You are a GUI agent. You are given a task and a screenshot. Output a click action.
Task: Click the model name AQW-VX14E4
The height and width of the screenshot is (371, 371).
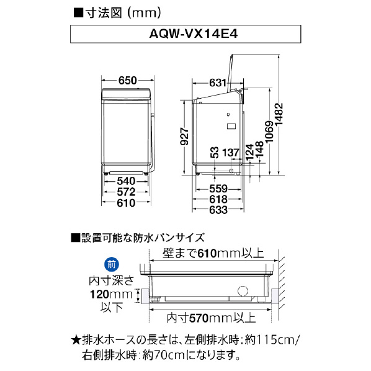pyautogui.click(x=194, y=34)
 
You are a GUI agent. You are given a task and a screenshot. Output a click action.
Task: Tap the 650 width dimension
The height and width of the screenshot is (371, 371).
pyautogui.click(x=128, y=81)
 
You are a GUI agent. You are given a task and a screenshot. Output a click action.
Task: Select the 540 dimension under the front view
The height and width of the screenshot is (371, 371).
pyautogui.click(x=126, y=181)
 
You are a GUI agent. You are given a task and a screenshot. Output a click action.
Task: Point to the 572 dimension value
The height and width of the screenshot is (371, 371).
pyautogui.click(x=126, y=192)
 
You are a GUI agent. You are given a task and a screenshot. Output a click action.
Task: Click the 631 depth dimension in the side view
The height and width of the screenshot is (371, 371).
pyautogui.click(x=218, y=83)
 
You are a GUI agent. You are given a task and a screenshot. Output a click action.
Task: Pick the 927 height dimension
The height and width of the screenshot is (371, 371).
pyautogui.click(x=184, y=136)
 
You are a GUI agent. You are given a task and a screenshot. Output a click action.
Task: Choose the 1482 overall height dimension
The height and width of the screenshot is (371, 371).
pyautogui.click(x=279, y=114)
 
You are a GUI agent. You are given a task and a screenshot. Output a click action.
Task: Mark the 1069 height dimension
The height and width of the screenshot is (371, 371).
pyautogui.click(x=269, y=132)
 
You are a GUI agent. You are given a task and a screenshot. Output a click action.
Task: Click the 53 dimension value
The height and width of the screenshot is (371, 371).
pyautogui.click(x=214, y=153)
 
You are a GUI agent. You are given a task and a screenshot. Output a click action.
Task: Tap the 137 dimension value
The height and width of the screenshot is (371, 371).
pyautogui.click(x=231, y=153)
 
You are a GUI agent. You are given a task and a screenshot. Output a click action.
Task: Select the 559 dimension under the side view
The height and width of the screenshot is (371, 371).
pyautogui.click(x=218, y=189)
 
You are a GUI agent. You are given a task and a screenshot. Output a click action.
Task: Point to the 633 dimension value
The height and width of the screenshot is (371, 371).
pyautogui.click(x=218, y=210)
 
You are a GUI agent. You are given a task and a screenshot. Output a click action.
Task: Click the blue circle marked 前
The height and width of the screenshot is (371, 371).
pyautogui.click(x=112, y=264)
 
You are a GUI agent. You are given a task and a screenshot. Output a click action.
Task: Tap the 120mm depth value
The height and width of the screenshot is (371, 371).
pyautogui.click(x=111, y=295)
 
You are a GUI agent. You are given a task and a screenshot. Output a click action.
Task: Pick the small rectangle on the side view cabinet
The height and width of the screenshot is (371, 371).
pyautogui.click(x=231, y=126)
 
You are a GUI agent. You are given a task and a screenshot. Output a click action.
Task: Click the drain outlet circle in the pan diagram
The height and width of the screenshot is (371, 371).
pyautogui.click(x=243, y=292)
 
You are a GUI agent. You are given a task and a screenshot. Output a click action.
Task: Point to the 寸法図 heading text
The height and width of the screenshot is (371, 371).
pyautogui.click(x=104, y=13)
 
